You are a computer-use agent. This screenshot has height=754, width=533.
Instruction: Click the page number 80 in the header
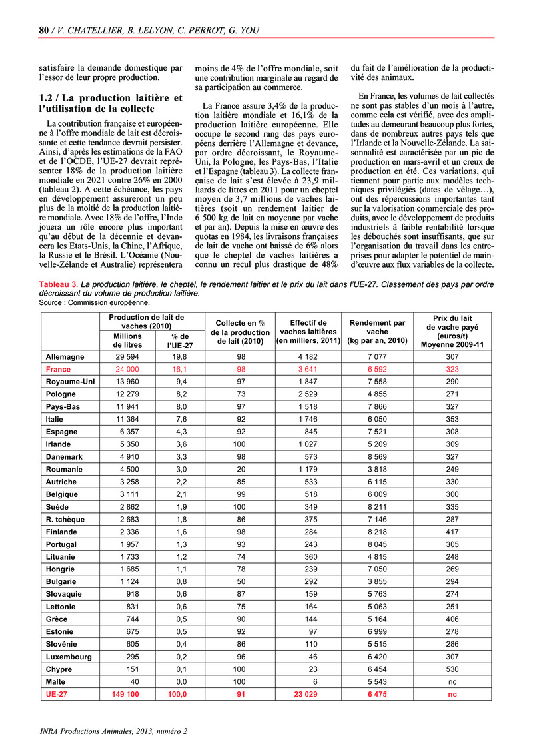44,29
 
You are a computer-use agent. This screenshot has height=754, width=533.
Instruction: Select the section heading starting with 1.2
110,103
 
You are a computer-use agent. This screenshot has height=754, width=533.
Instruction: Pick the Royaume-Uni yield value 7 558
377,382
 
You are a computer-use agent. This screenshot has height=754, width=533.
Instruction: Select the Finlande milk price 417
453,532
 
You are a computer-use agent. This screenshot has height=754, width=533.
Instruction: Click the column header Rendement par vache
377,331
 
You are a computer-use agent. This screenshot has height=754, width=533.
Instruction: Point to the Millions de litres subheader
127,340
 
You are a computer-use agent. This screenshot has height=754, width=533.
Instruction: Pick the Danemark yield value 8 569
377,456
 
